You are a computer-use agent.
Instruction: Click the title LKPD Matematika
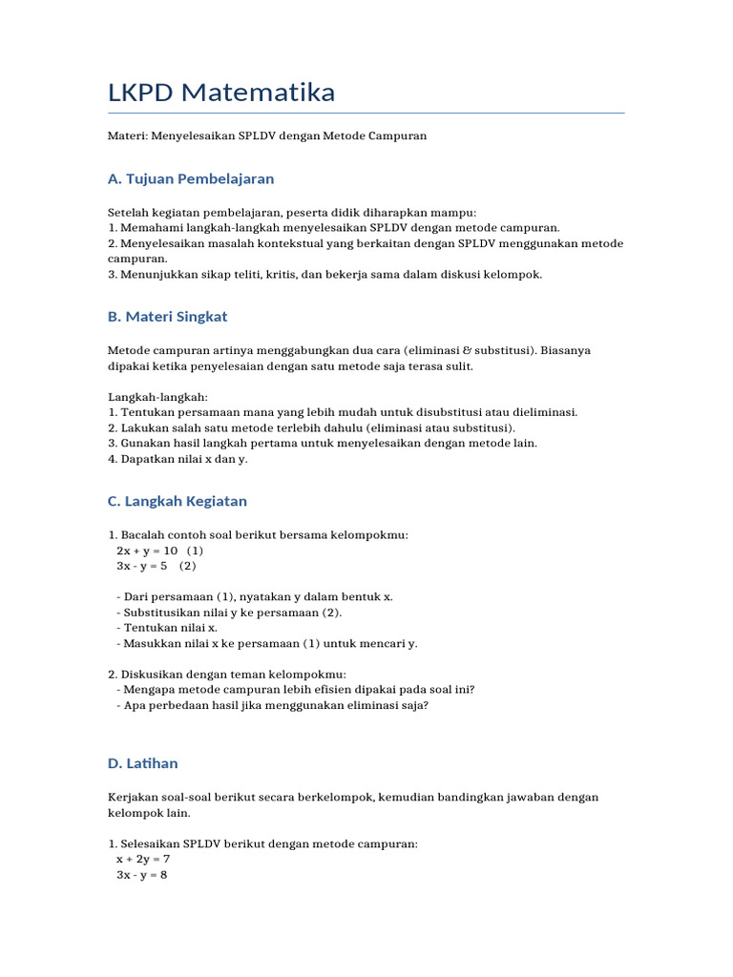point(221,93)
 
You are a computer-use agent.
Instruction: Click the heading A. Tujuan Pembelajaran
point(191,178)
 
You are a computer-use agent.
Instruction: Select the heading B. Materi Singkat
point(168,317)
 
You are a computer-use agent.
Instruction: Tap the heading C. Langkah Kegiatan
point(178,501)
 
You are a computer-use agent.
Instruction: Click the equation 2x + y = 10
point(148,551)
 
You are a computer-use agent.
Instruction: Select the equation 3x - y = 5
point(142,566)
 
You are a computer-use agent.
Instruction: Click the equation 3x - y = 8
point(142,874)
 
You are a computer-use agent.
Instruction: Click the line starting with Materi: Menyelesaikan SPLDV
point(267,136)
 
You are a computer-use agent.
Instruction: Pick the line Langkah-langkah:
point(157,396)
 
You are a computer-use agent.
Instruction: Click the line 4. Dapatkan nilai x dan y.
point(178,458)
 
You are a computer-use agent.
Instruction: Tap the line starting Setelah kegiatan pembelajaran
point(292,213)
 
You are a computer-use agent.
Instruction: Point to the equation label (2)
point(187,566)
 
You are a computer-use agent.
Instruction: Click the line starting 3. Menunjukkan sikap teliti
point(325,274)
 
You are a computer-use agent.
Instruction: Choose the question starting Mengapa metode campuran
point(295,689)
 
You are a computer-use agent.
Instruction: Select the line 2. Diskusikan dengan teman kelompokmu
point(227,674)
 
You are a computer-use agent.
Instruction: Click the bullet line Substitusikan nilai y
point(229,613)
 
